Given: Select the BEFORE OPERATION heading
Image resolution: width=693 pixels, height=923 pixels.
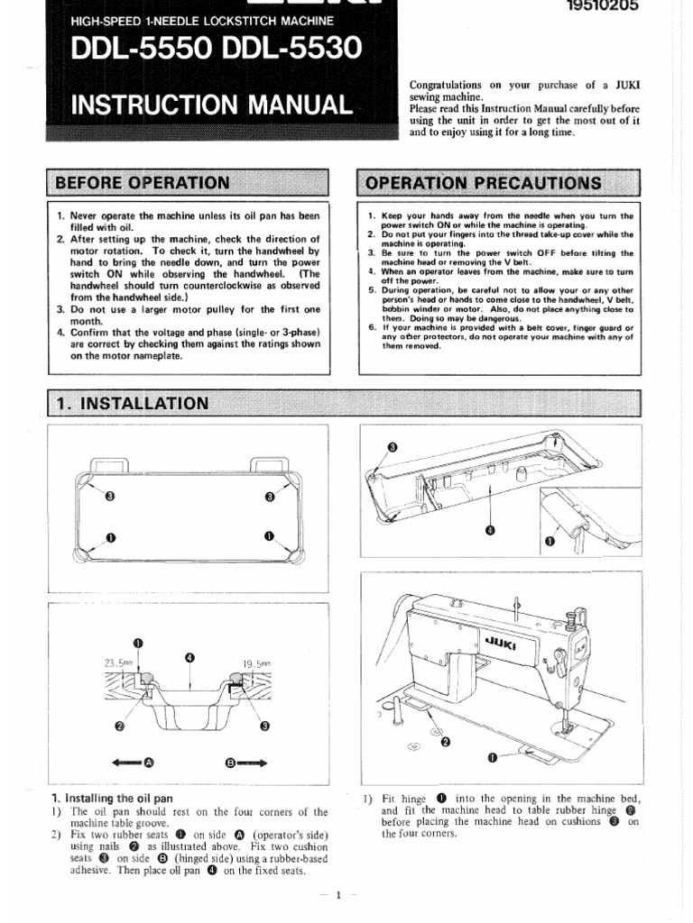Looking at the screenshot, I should [x=143, y=183].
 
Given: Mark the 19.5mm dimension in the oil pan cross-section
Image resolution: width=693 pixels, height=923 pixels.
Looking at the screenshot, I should [x=256, y=664].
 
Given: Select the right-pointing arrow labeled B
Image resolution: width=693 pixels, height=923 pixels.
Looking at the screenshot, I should [x=245, y=762].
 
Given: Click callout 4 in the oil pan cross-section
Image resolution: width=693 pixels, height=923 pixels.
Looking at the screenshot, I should [x=189, y=658].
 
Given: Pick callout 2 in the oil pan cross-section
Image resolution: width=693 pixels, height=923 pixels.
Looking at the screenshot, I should [x=120, y=724].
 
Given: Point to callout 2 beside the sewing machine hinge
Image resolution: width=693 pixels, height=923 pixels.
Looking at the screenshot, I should [x=444, y=742].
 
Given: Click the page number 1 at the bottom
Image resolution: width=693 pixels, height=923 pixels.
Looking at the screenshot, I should [x=337, y=895].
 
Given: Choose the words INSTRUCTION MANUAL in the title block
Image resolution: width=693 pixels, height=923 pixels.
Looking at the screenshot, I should [x=211, y=105].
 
